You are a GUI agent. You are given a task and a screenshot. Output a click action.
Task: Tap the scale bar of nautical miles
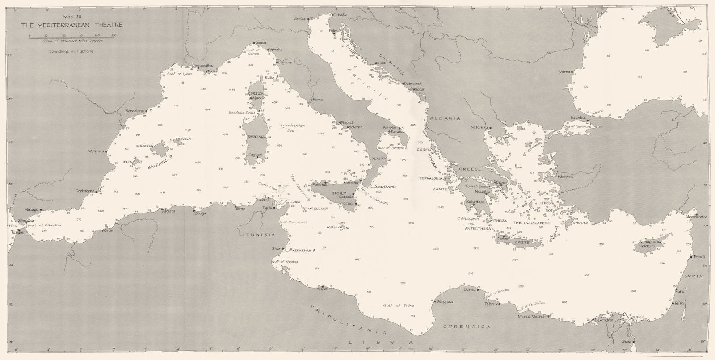(71, 37)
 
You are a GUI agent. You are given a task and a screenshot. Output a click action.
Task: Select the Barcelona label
(135, 110)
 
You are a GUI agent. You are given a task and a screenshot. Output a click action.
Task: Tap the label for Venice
(299, 19)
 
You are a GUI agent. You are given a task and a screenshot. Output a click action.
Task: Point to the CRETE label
(522, 242)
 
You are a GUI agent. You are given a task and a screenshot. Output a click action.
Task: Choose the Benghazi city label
(445, 301)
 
